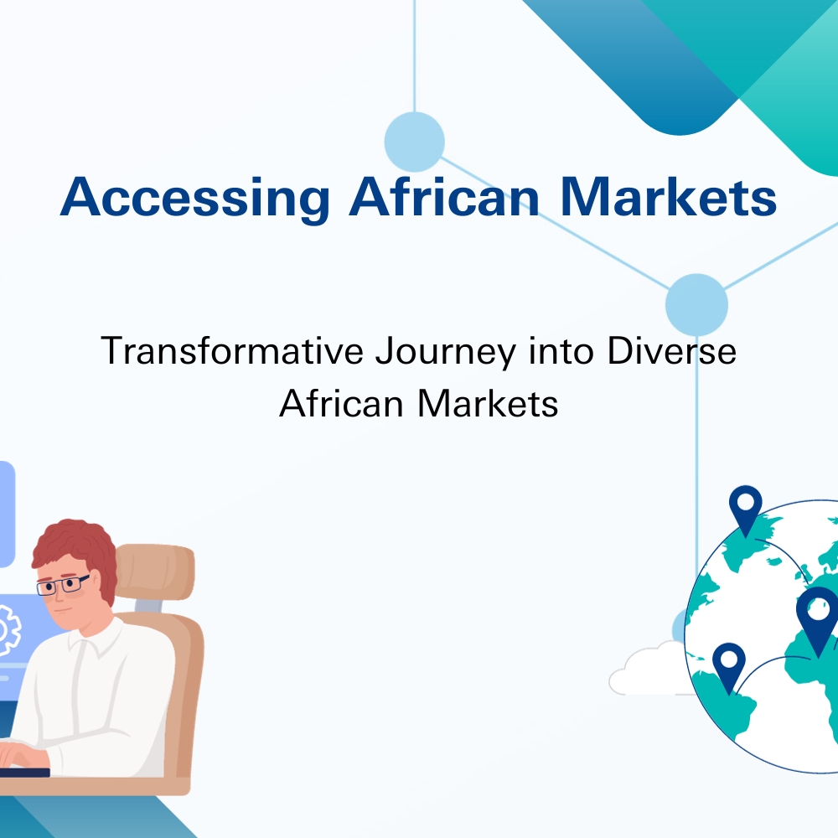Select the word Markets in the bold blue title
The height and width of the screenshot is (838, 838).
tap(668, 196)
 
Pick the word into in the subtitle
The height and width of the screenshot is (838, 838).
tap(561, 350)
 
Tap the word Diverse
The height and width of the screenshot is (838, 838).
tap(672, 350)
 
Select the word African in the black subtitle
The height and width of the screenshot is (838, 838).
tap(341, 403)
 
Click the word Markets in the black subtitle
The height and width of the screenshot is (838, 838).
tap(488, 403)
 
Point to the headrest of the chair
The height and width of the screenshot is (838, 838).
tap(155, 572)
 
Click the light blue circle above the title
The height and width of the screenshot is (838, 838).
tap(415, 142)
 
